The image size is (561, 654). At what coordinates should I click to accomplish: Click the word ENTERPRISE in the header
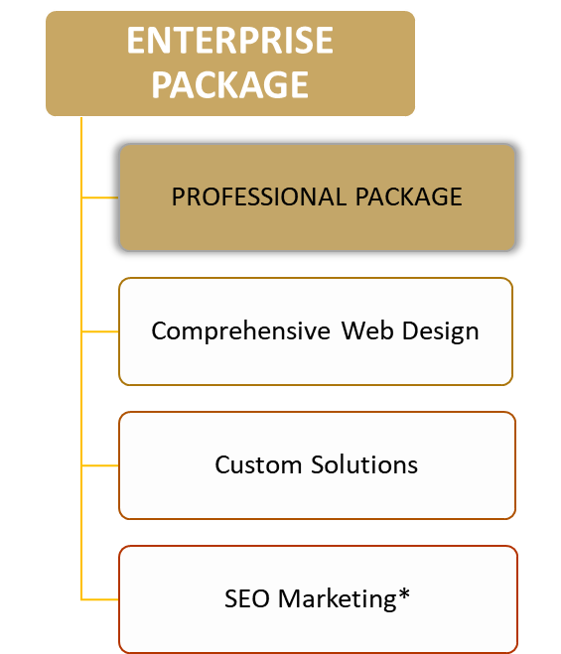[x=230, y=40]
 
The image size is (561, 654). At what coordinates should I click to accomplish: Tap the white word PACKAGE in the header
[x=230, y=84]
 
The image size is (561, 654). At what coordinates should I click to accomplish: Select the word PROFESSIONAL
[x=259, y=196]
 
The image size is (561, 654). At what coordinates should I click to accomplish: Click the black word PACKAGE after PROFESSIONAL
[x=409, y=196]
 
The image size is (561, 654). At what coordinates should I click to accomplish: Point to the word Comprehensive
[x=241, y=331]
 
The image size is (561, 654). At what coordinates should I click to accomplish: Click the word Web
[x=367, y=331]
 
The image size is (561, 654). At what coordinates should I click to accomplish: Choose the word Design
[x=441, y=332]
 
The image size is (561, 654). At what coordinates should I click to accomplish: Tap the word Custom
[x=258, y=464]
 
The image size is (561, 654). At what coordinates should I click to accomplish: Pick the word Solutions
[x=364, y=464]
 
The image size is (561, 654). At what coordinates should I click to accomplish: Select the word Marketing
[x=338, y=599]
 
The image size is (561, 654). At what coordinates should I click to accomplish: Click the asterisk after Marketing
[x=404, y=593]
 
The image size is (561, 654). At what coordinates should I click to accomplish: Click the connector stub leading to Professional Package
[x=100, y=197]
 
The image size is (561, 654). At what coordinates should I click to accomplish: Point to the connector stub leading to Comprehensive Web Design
[x=100, y=331]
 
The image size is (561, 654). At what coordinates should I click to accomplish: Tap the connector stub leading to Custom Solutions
[x=100, y=465]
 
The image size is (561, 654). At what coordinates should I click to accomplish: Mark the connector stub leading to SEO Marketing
[x=100, y=599]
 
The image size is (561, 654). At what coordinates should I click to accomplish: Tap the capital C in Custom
[x=222, y=464]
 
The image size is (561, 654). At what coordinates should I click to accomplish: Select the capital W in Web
[x=353, y=331]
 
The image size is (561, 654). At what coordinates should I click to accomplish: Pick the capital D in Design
[x=411, y=331]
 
